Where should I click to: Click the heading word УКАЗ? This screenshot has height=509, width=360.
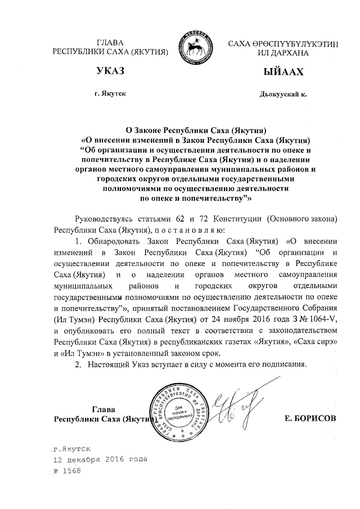tap(110, 73)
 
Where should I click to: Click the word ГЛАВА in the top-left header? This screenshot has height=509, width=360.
tap(110, 43)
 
